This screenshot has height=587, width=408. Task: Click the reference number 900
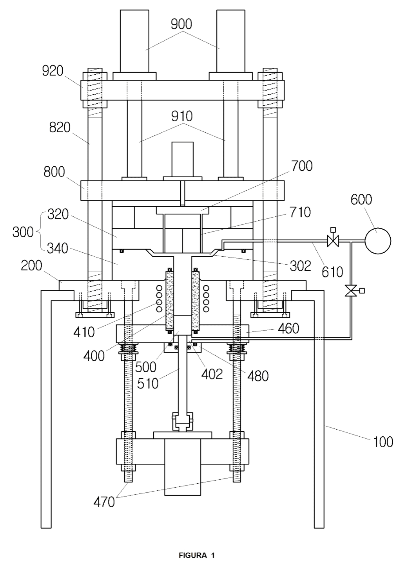click(181, 24)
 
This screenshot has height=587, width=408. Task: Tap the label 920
click(53, 71)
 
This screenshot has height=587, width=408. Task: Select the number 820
click(60, 128)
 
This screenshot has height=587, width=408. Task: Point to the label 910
click(182, 116)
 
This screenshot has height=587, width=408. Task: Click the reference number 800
click(54, 172)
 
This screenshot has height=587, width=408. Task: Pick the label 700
click(302, 166)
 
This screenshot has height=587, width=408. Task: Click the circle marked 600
click(378, 241)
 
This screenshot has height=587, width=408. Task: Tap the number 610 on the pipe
click(332, 272)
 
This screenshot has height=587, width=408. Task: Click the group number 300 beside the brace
click(23, 232)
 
